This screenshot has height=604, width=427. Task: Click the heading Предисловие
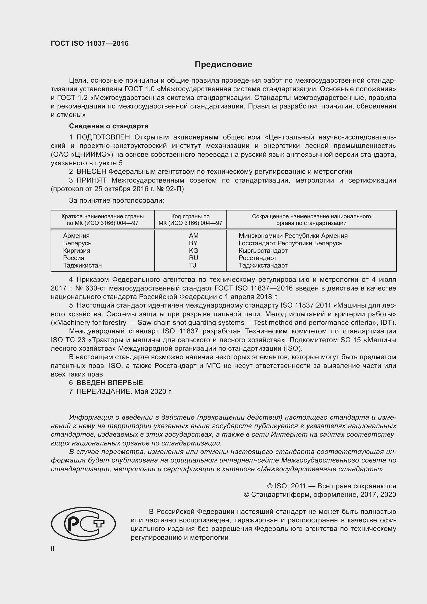coord(223,65)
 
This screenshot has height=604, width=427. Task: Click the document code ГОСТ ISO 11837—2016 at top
coord(90,43)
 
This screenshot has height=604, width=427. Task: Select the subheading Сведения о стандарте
coord(109,126)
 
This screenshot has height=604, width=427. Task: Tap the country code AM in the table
coord(194,236)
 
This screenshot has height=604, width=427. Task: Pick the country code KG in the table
coord(194,250)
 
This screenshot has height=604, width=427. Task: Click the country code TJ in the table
coord(193,265)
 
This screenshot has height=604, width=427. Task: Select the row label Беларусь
coord(77,243)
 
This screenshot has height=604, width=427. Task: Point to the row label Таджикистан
coord(82,265)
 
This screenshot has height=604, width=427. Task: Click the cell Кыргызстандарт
coord(263,250)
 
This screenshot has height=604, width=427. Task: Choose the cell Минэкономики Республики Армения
coord(293,236)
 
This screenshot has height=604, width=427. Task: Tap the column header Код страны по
coord(190,216)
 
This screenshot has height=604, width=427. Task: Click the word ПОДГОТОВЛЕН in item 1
coord(103,137)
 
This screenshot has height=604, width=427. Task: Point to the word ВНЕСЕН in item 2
coord(91,171)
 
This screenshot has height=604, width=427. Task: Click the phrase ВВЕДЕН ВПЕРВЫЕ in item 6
coord(110,382)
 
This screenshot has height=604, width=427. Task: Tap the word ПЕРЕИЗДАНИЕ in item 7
coord(104,391)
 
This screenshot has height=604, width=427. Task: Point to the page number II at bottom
coord(53,548)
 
